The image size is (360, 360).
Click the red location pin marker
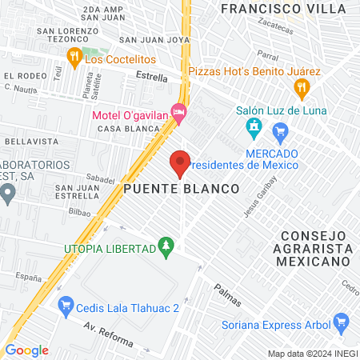[180, 163]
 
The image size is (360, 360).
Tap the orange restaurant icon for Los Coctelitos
[74, 57]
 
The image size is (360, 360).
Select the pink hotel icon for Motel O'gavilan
[178, 113]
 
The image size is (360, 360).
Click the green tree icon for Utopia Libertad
[166, 247]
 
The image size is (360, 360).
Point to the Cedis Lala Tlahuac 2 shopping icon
[67, 305]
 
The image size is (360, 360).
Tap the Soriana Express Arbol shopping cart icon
[342, 324]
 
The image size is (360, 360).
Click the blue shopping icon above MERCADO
[280, 131]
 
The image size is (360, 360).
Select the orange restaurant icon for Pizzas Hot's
[301, 87]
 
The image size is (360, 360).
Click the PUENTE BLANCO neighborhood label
[182, 189]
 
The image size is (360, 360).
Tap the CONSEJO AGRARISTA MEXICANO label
[315, 248]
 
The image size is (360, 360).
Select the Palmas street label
[227, 294]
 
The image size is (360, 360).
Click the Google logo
[26, 350]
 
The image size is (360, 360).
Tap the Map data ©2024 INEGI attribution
[311, 353]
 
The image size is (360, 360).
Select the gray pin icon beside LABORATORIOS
[7, 192]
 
